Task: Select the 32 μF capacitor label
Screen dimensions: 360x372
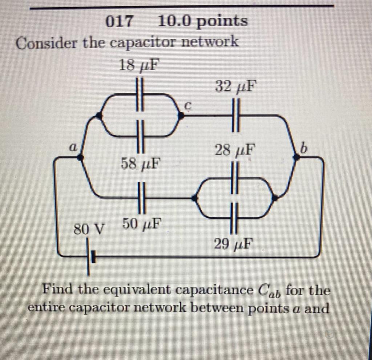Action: click(235, 88)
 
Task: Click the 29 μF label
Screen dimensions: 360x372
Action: click(233, 244)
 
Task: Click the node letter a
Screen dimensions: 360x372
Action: click(73, 147)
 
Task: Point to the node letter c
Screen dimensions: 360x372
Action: click(188, 106)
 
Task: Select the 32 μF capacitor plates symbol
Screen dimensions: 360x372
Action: click(235, 116)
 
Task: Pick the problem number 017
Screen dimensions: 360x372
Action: click(119, 22)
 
